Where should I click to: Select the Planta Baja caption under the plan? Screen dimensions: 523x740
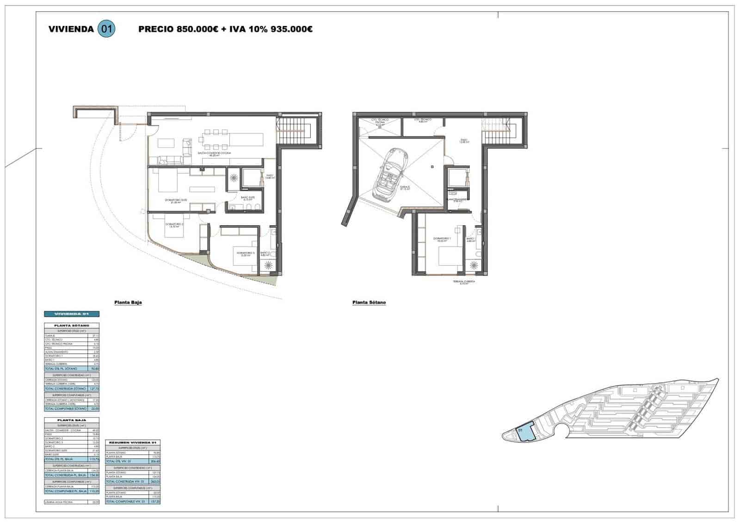click(x=128, y=302)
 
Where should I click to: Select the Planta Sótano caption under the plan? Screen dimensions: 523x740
click(x=369, y=302)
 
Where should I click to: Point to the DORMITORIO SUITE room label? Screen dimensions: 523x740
click(x=176, y=200)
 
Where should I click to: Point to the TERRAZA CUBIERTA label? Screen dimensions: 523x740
click(x=464, y=281)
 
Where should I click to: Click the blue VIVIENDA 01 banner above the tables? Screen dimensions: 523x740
click(x=72, y=314)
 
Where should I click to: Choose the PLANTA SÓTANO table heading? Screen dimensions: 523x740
click(x=72, y=326)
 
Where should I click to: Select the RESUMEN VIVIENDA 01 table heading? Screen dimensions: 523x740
click(x=133, y=442)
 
